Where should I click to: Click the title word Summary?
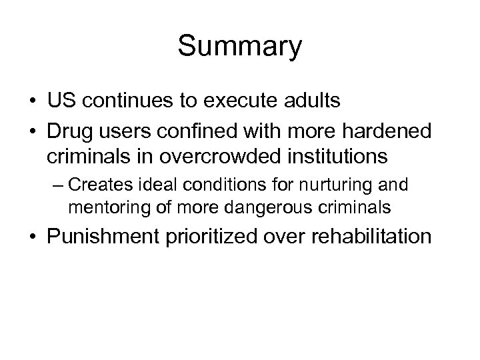[239, 47]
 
